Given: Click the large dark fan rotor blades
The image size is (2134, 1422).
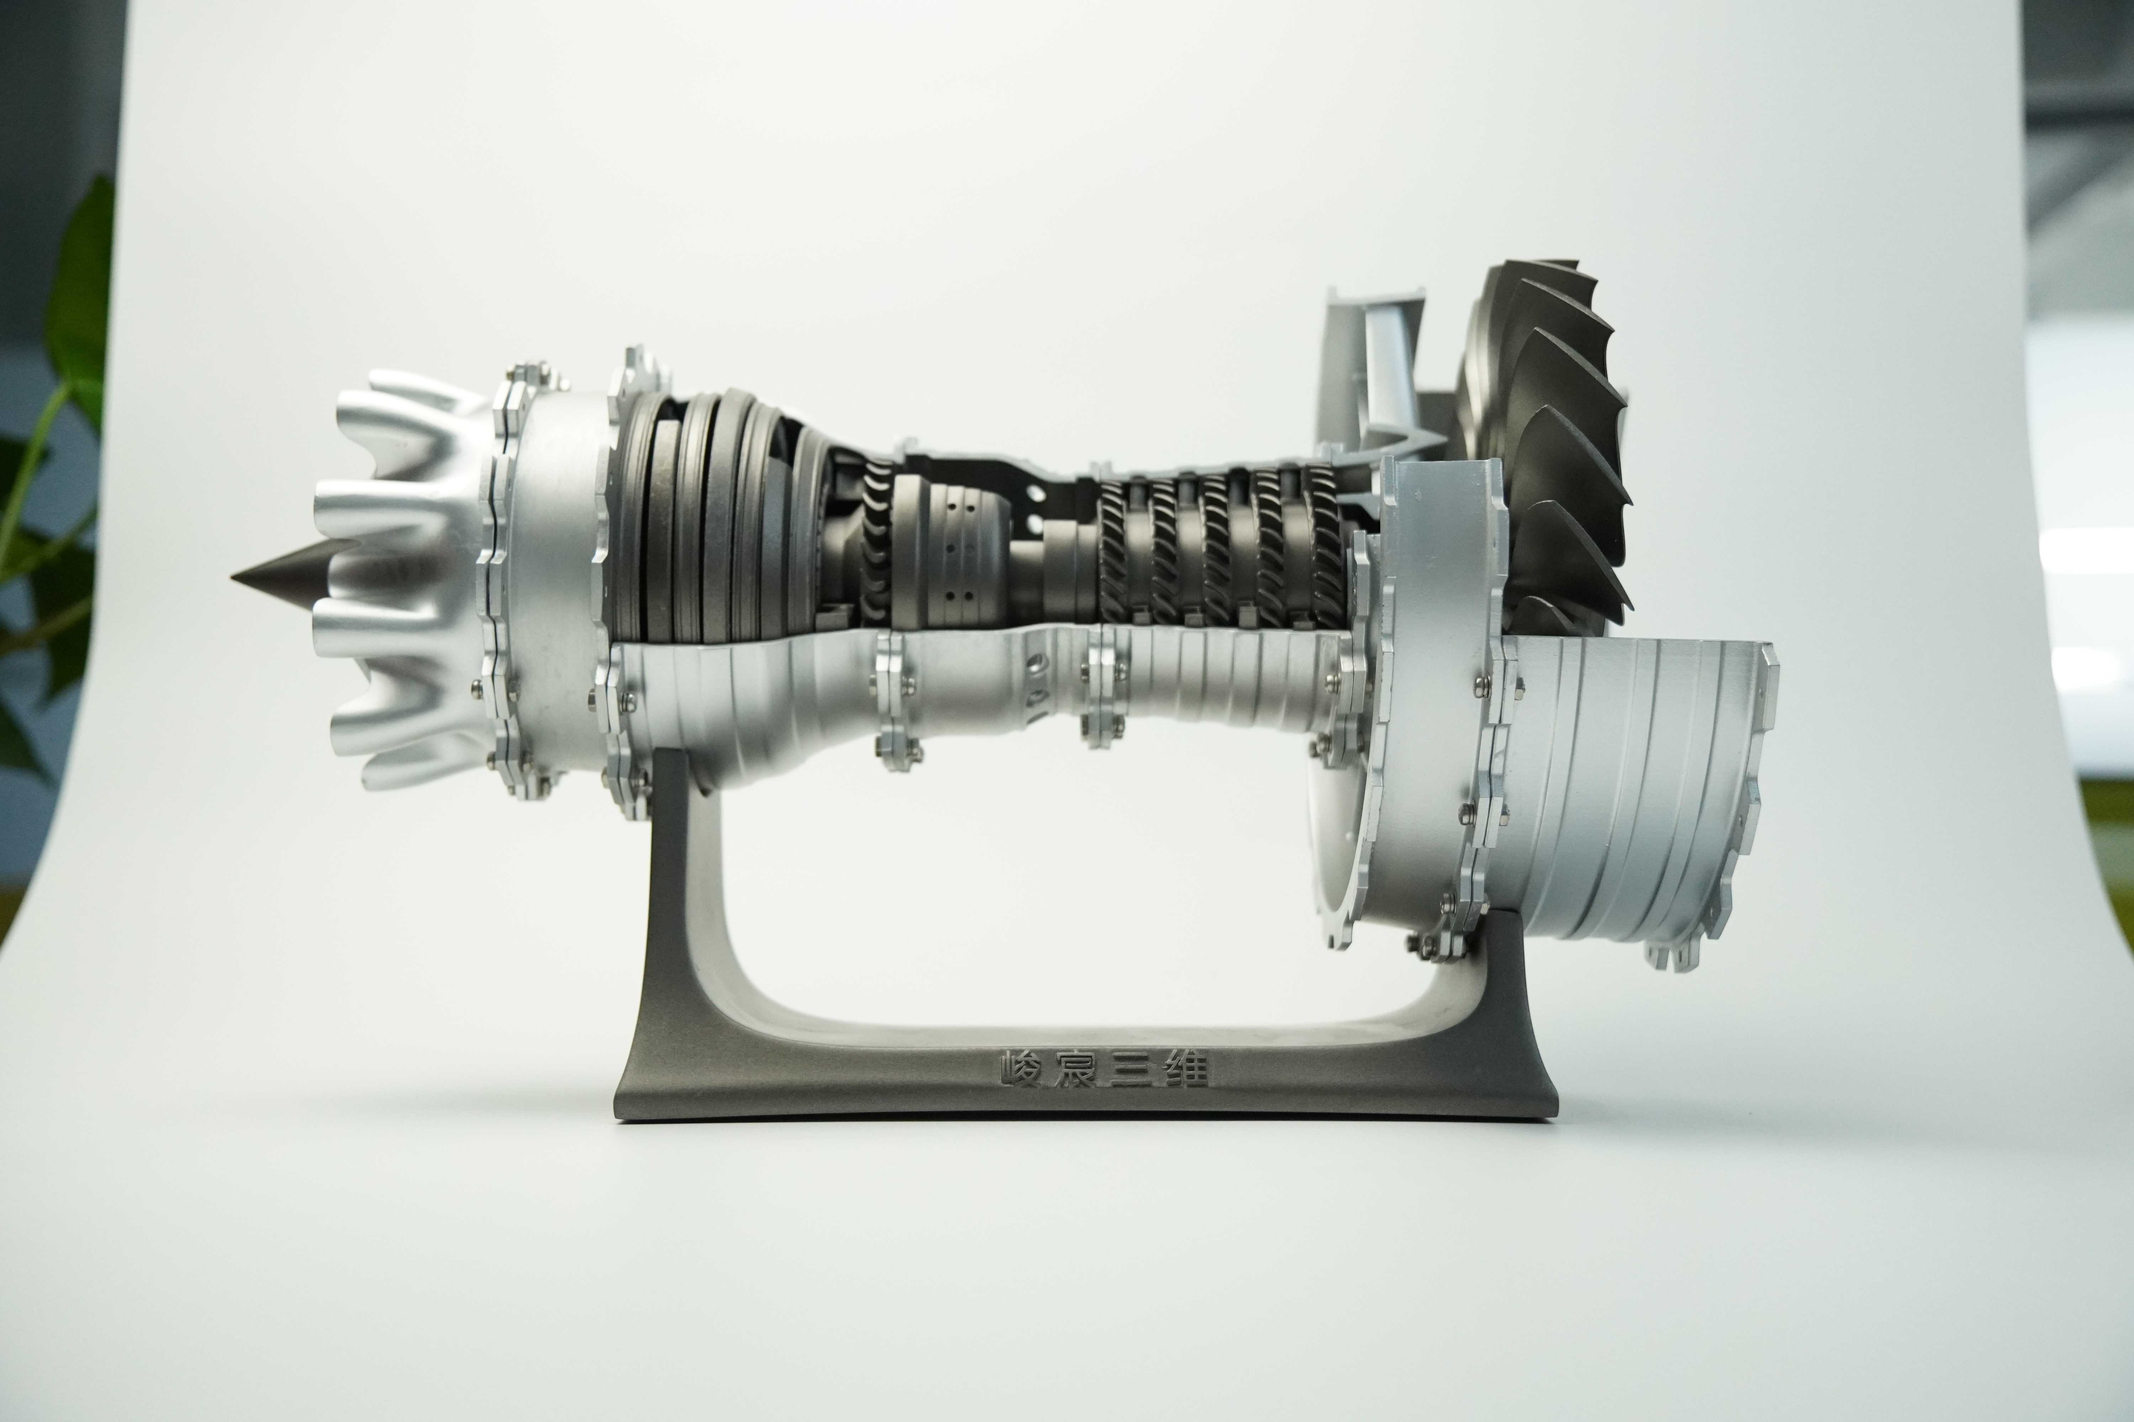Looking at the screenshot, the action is (x=1543, y=444).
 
